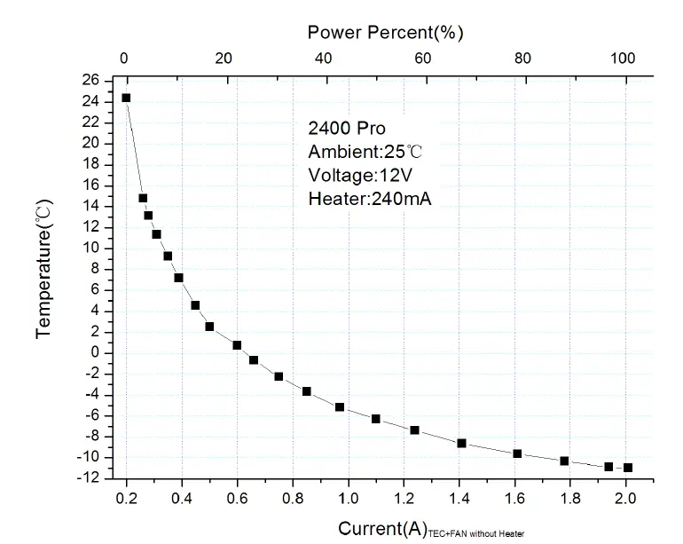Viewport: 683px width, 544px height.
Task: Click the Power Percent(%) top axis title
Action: click(385, 33)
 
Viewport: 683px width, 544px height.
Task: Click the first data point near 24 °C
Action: click(126, 99)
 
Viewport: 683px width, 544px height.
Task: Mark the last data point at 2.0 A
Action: click(628, 468)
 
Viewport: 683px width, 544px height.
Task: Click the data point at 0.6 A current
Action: click(237, 345)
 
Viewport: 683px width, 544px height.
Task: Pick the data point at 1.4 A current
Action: click(461, 443)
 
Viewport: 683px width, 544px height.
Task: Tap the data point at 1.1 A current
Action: click(376, 419)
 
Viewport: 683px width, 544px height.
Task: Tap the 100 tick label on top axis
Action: click(624, 59)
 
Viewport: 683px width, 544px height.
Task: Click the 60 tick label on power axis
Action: click(423, 59)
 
